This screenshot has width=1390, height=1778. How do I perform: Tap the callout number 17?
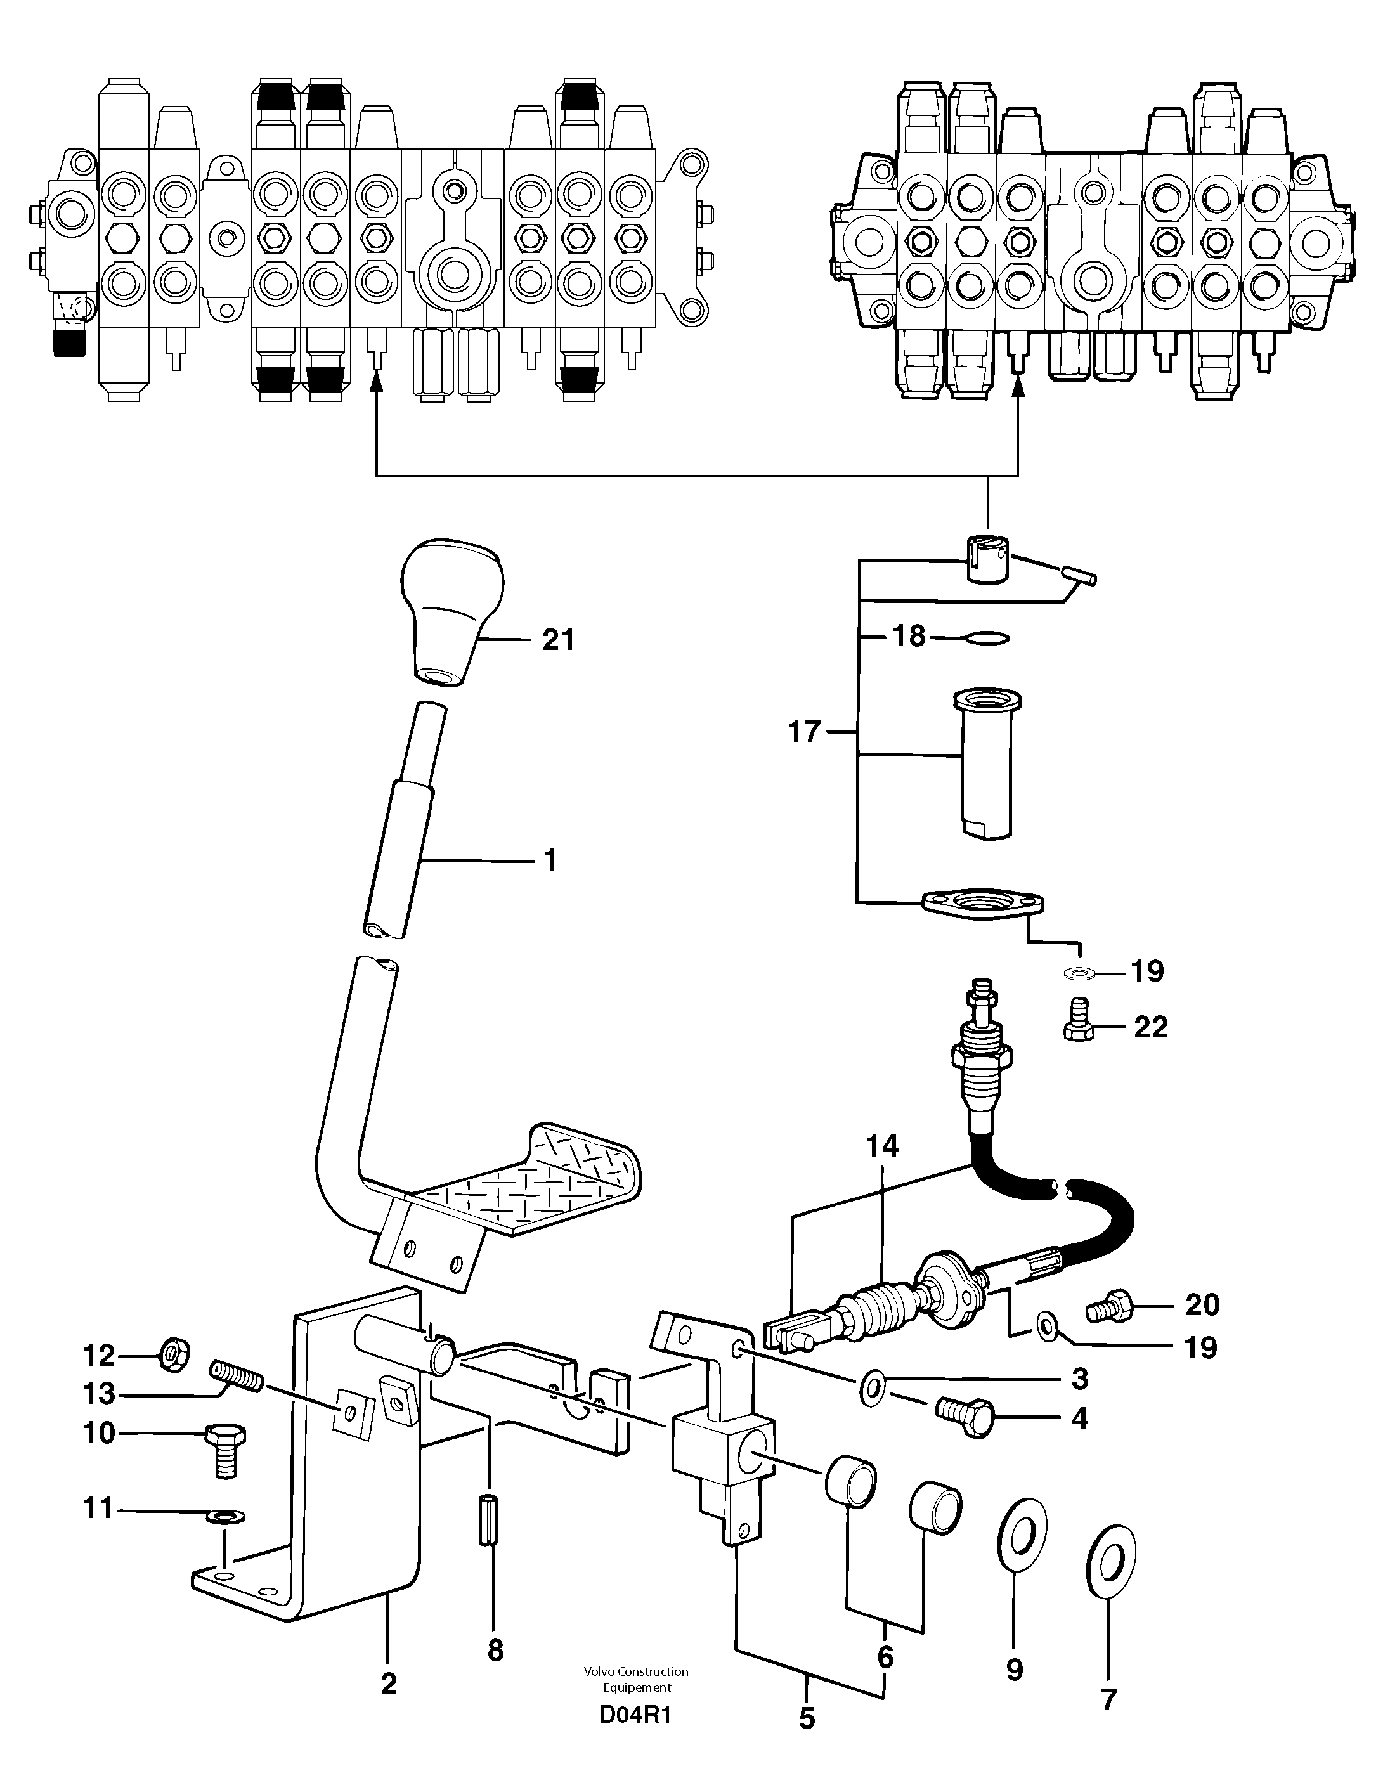click(803, 732)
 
